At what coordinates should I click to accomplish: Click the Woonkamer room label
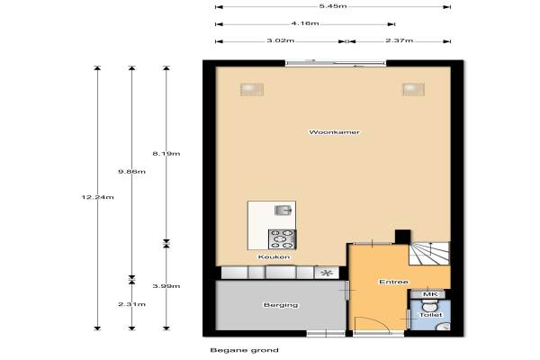tap(334, 132)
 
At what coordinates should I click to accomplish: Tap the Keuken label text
tap(274, 257)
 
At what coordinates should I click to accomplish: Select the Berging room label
tap(281, 305)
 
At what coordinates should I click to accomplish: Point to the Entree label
tap(393, 282)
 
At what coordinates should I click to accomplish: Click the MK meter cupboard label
tap(430, 294)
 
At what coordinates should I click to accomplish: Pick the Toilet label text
tap(430, 315)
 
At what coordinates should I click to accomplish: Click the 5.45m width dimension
tap(333, 6)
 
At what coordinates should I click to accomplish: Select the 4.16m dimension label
tap(305, 23)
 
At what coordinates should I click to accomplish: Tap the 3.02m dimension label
tap(280, 40)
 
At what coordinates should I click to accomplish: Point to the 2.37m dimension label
tap(399, 40)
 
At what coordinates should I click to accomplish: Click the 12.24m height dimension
tap(97, 197)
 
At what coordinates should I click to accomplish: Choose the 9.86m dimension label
tap(132, 172)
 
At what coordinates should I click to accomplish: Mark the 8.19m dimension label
tap(166, 154)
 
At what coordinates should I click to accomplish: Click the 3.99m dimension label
tap(166, 286)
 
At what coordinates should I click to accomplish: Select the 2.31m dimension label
tap(132, 304)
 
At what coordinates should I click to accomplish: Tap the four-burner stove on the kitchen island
tap(282, 239)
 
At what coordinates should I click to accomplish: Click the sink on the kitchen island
tap(283, 210)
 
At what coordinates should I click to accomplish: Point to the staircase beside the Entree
tap(429, 253)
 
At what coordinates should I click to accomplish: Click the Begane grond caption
tap(244, 350)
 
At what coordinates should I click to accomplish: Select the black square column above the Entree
tap(402, 237)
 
